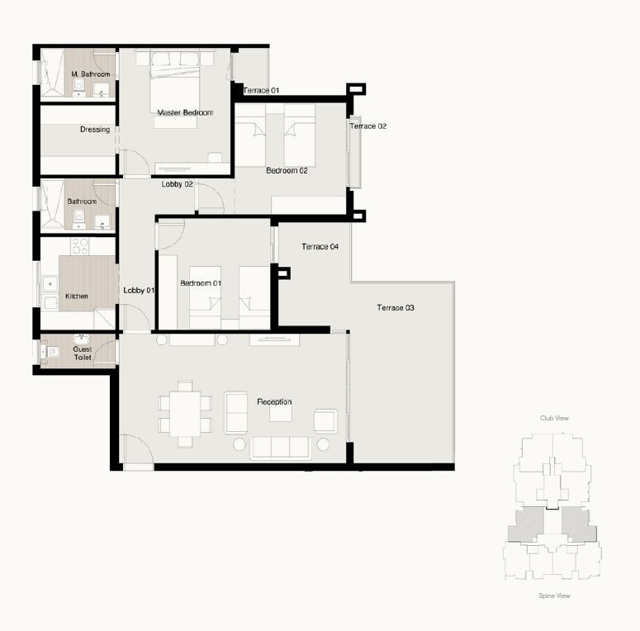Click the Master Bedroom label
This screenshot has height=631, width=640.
click(185, 112)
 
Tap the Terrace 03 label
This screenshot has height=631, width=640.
click(396, 308)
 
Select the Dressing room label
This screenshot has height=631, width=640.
click(95, 130)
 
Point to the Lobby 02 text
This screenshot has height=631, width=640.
click(178, 184)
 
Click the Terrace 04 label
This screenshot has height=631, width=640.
click(320, 246)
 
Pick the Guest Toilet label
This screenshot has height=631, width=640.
click(83, 353)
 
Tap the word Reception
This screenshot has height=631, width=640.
click(274, 401)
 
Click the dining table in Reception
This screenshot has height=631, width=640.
click(185, 414)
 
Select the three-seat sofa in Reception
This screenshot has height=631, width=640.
click(281, 448)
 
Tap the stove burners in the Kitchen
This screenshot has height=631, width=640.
click(80, 246)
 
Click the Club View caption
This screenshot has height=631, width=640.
click(554, 418)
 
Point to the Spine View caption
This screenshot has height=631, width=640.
click(554, 595)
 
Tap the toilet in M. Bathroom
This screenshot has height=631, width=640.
click(78, 85)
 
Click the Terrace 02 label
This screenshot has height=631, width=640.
click(368, 126)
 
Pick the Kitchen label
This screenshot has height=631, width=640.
click(77, 296)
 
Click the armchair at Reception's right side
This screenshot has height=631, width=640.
click(325, 420)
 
